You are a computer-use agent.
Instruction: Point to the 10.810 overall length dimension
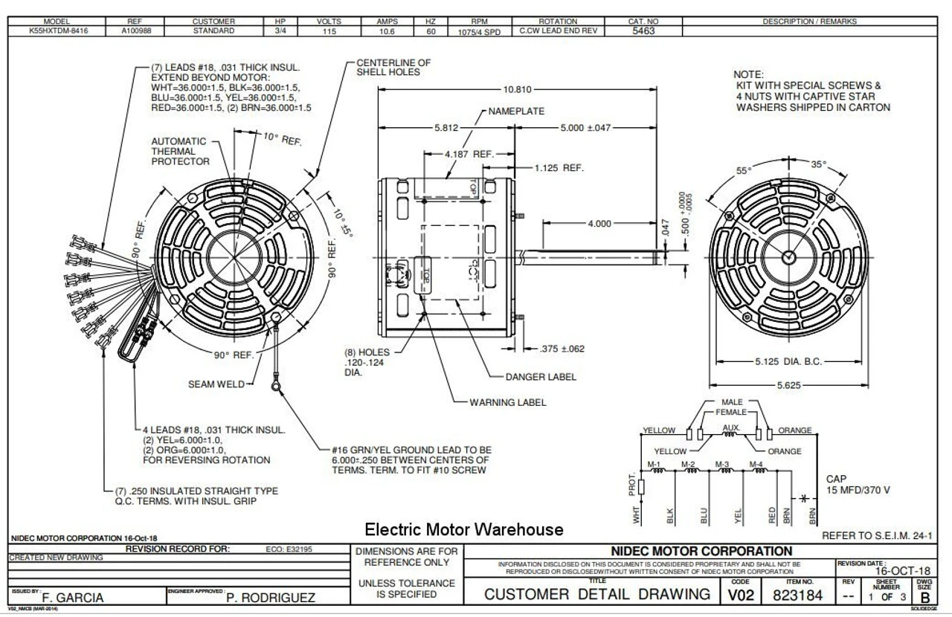coord(517,89)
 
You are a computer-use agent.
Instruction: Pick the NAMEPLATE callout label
coord(516,111)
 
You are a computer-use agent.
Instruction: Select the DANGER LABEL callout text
coord(541,377)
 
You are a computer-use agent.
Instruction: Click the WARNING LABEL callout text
coord(507,402)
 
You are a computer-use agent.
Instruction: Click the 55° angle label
coord(744,170)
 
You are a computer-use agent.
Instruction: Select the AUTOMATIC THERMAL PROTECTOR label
coord(179,151)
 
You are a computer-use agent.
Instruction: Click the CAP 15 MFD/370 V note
coord(858,485)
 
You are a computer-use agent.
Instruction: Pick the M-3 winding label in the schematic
coord(721,465)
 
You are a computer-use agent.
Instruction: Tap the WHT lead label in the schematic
coord(637,515)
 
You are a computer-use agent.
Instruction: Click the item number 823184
coord(798,595)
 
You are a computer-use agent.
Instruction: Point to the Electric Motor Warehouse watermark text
coord(463,529)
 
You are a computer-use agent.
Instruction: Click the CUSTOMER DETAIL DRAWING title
coord(597,595)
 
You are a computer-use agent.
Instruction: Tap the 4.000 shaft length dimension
coord(599,223)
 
